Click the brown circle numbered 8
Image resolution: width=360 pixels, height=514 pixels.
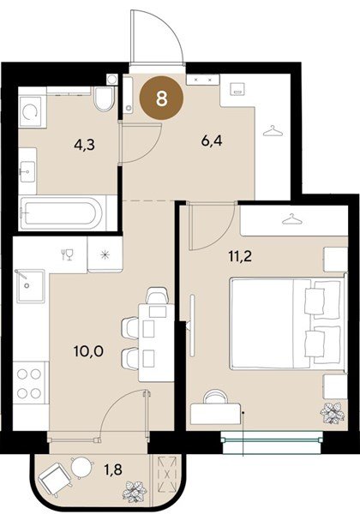click(x=161, y=98)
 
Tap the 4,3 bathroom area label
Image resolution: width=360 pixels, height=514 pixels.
click(x=84, y=144)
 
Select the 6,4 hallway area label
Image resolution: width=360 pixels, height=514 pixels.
click(x=212, y=141)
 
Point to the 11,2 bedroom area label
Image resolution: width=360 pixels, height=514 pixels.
click(x=240, y=255)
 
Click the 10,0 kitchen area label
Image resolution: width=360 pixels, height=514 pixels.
click(x=88, y=351)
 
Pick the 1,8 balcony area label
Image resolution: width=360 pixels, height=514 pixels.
click(x=114, y=469)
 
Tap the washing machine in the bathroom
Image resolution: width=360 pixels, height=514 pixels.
click(x=31, y=111)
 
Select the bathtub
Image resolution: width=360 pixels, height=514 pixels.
click(x=62, y=212)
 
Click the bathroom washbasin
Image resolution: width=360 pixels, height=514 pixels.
click(x=27, y=171)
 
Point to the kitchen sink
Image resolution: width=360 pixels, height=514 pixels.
click(x=30, y=286)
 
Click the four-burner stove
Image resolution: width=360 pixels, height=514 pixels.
click(x=29, y=383)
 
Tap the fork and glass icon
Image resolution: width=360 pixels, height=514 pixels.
click(x=67, y=254)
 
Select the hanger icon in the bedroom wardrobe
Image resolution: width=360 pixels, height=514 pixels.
click(x=291, y=219)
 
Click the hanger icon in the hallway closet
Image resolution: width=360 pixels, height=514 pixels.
click(x=273, y=131)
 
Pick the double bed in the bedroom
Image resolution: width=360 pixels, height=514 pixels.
click(x=288, y=324)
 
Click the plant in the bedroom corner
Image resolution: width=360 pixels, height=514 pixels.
click(x=332, y=413)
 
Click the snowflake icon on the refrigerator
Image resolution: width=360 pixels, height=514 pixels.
click(x=105, y=254)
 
